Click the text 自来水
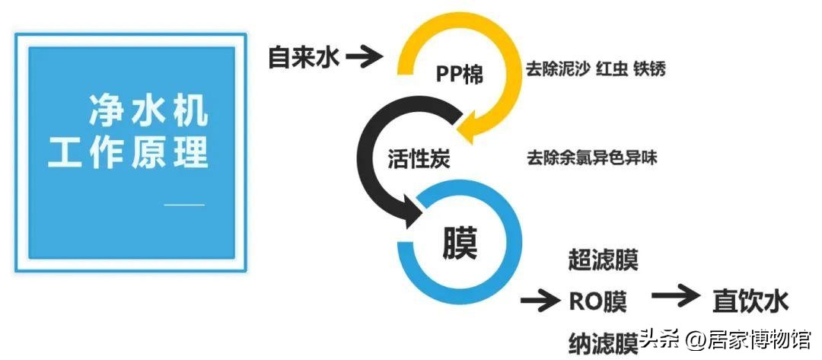(303, 56)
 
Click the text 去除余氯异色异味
(591, 158)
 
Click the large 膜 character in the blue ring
(459, 244)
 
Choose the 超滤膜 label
(603, 260)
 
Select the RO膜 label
(598, 301)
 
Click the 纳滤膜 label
(603, 342)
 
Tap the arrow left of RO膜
(540, 301)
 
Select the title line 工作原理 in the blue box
(129, 152)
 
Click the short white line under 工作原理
(185, 204)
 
